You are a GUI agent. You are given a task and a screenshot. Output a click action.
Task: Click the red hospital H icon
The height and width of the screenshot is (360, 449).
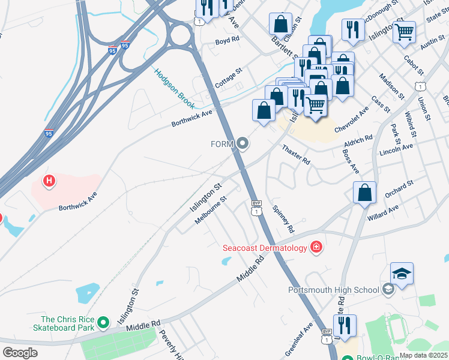tap(50, 181)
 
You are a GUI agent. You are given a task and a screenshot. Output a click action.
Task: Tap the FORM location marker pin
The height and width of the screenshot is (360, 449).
tap(243, 143)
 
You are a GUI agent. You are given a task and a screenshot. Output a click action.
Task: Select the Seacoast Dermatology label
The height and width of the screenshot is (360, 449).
tap(264, 247)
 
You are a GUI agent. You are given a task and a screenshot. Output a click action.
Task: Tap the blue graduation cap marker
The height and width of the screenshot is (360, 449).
tap(402, 274)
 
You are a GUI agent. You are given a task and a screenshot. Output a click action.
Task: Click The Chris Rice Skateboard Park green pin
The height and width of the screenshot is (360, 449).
tap(103, 323)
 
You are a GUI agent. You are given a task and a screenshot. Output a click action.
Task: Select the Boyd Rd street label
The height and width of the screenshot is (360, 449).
tap(228, 40)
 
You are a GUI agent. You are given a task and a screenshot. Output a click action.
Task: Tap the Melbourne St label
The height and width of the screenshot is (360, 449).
tap(211, 210)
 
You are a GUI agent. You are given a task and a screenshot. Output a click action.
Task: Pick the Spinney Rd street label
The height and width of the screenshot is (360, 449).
tap(283, 219)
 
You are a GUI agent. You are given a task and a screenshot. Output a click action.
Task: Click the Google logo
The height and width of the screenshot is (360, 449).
tap(20, 353)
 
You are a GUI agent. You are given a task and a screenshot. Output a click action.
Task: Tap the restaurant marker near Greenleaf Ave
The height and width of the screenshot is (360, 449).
tap(345, 327)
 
